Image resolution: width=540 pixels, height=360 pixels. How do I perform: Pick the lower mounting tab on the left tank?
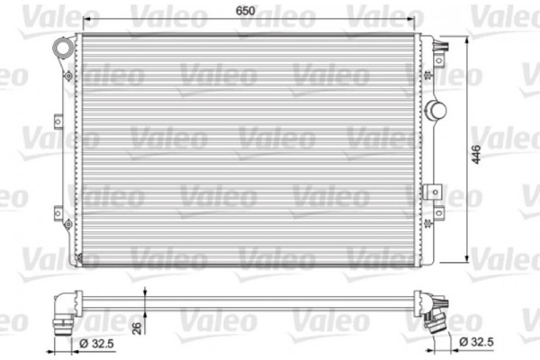58,213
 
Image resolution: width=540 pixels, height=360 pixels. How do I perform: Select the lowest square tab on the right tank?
438,214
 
